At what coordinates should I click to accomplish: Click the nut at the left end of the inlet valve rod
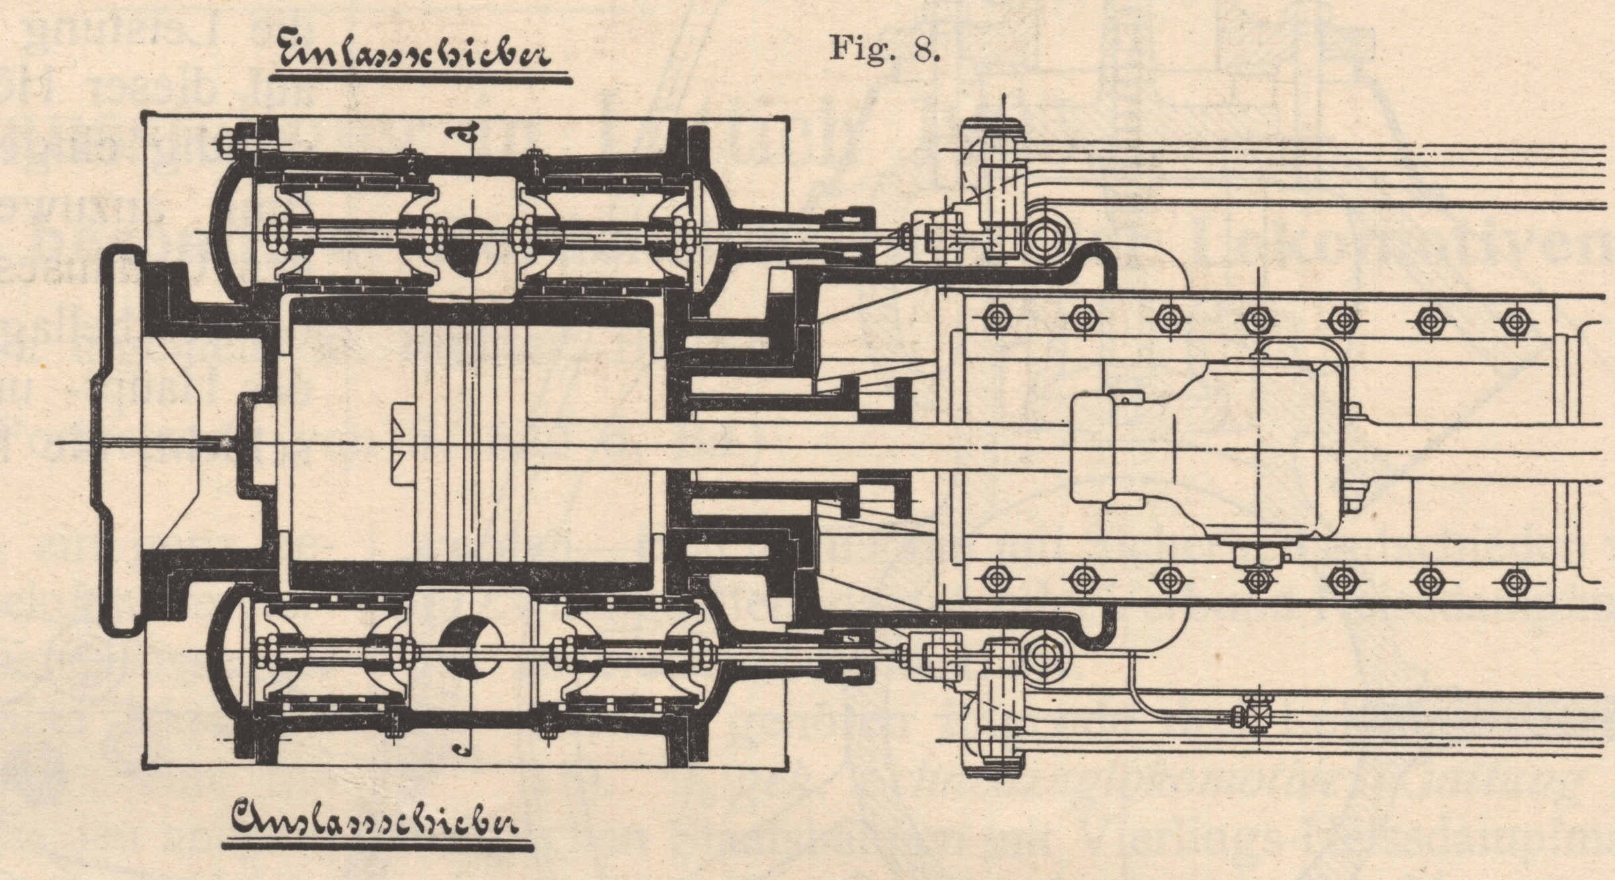tap(274, 236)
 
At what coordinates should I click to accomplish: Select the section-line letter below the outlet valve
tap(463, 748)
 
